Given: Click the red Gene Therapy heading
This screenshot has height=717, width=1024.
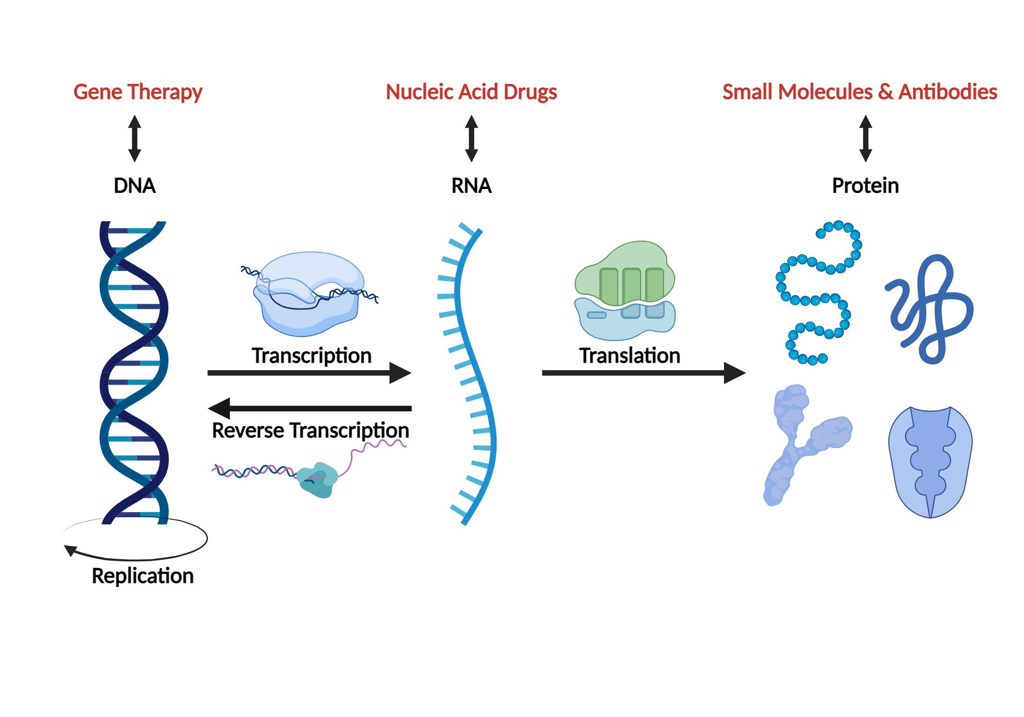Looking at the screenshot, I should pyautogui.click(x=138, y=92).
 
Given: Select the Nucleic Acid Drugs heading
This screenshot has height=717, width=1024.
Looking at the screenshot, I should pyautogui.click(x=471, y=92).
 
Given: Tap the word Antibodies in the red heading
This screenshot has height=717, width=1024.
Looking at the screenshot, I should pyautogui.click(x=948, y=92).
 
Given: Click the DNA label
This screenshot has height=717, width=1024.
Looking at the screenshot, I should pyautogui.click(x=134, y=185).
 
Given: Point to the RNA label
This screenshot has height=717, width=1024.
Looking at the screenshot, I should pyautogui.click(x=471, y=185).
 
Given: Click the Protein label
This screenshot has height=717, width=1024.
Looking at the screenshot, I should pyautogui.click(x=865, y=185).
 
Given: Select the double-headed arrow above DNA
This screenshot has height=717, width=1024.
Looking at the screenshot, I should pyautogui.click(x=135, y=138).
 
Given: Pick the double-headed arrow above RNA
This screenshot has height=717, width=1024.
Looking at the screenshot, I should pyautogui.click(x=472, y=138).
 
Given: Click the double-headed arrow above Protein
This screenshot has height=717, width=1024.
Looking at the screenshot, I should pyautogui.click(x=866, y=138).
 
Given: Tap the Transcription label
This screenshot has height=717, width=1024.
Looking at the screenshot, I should pyautogui.click(x=311, y=355).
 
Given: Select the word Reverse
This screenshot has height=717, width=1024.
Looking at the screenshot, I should pyautogui.click(x=248, y=430).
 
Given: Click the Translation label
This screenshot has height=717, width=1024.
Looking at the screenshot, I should pyautogui.click(x=629, y=355).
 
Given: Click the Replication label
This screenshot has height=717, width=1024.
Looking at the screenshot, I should pyautogui.click(x=142, y=576).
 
